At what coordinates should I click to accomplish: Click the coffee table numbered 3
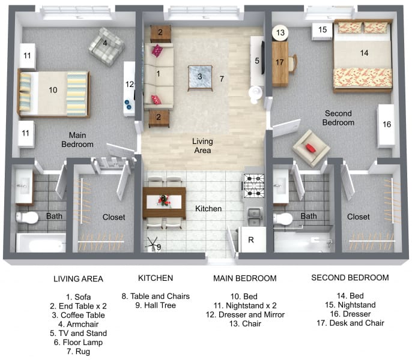pyautogui.click(x=200, y=78)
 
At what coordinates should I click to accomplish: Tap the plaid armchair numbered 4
pyautogui.click(x=106, y=46)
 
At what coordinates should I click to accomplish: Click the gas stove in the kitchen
pyautogui.click(x=253, y=186)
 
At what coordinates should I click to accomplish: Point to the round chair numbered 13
pyautogui.click(x=280, y=33)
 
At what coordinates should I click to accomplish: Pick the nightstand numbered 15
pyautogui.click(x=323, y=31)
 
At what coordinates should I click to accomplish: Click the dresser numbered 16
pyautogui.click(x=386, y=126)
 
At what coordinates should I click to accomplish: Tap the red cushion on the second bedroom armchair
pyautogui.click(x=311, y=148)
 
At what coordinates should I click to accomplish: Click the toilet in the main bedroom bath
pyautogui.click(x=27, y=217)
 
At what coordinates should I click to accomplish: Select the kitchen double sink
pyautogui.click(x=254, y=217)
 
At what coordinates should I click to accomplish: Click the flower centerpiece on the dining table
pyautogui.click(x=163, y=201)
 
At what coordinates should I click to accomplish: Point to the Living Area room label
pyautogui.click(x=202, y=146)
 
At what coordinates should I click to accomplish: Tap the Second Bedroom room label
pyautogui.click(x=338, y=118)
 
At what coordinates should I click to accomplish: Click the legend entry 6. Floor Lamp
pyautogui.click(x=78, y=343)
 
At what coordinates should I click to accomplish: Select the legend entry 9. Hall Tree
pyautogui.click(x=156, y=305)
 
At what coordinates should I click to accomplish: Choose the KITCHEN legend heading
pyautogui.click(x=156, y=278)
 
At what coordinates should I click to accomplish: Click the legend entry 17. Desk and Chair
pyautogui.click(x=350, y=323)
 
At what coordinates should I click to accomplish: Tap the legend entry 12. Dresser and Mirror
pyautogui.click(x=245, y=314)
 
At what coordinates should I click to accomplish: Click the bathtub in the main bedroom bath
pyautogui.click(x=41, y=242)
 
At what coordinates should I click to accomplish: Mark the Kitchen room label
pyautogui.click(x=208, y=209)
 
